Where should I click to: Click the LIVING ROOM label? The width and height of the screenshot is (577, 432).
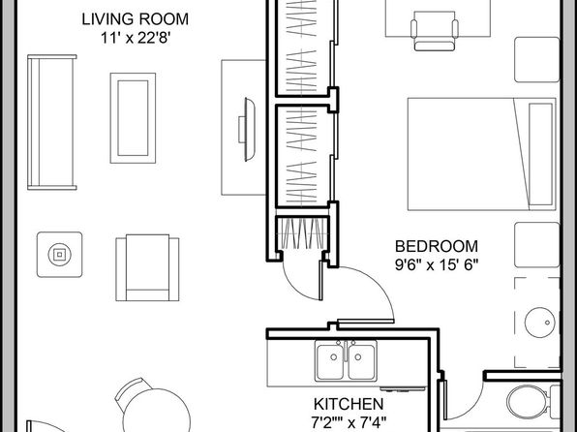click(x=135, y=19)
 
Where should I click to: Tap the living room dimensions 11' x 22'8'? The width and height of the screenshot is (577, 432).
click(x=135, y=38)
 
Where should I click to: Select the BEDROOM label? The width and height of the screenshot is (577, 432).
click(x=437, y=246)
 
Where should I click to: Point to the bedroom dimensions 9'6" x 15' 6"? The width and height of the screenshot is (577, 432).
click(x=437, y=264)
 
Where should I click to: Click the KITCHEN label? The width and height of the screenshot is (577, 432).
click(x=349, y=404)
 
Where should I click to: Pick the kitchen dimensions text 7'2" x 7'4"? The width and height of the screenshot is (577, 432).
click(x=349, y=422)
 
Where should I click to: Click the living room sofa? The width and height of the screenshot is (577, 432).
click(x=52, y=122)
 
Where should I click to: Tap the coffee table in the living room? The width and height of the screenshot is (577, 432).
click(x=133, y=118)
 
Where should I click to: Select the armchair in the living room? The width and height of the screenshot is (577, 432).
click(x=147, y=267)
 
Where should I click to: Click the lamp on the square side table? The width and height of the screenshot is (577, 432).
click(x=60, y=254)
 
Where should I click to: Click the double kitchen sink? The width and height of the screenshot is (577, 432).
click(x=346, y=360)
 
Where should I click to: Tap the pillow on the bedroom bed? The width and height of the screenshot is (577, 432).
click(x=540, y=154)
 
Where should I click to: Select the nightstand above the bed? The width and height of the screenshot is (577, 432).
click(x=537, y=60)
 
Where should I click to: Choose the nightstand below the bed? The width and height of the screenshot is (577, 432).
click(x=537, y=245)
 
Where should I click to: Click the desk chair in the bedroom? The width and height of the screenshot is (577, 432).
click(x=435, y=31)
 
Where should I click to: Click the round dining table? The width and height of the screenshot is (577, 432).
click(x=157, y=412)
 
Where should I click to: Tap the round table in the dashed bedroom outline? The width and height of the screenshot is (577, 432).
click(x=540, y=323)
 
